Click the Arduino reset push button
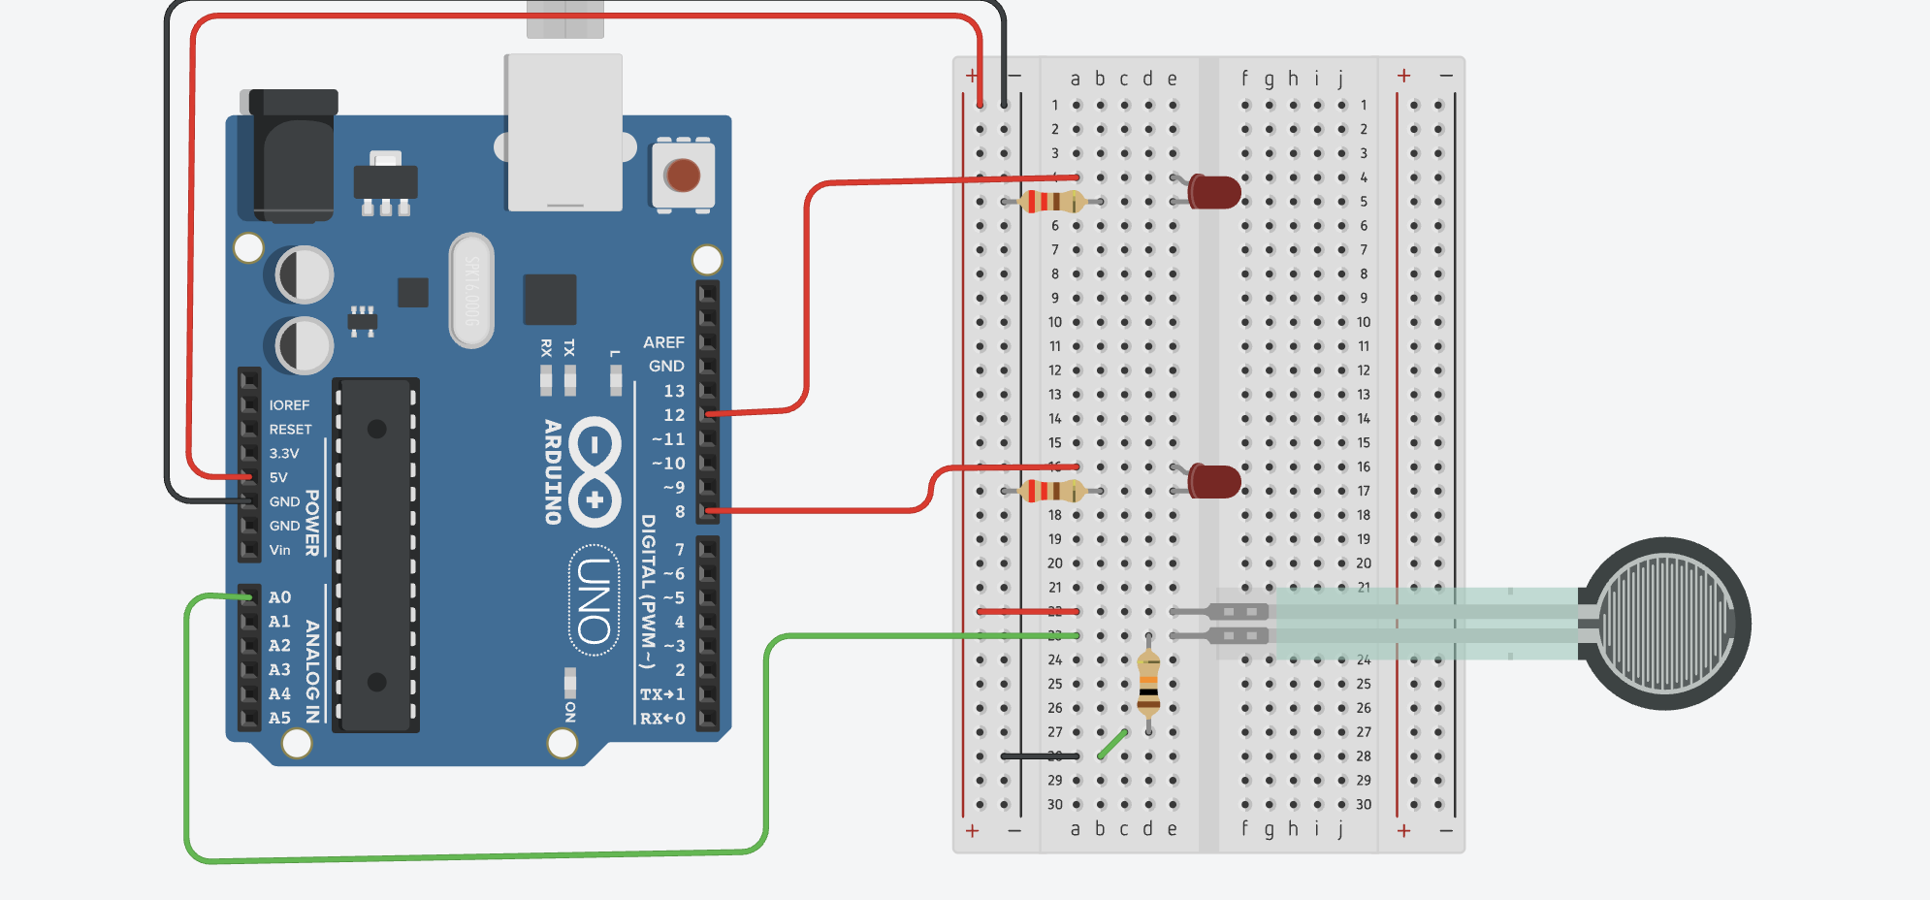point(683,176)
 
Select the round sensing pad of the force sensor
point(1664,624)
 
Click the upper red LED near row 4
point(1213,192)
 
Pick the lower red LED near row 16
point(1213,481)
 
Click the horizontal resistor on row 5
point(1052,202)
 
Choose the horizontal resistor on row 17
point(1052,491)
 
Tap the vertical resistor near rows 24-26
point(1148,685)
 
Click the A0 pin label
point(279,597)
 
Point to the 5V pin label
point(278,477)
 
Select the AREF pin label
point(663,342)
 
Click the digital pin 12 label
point(674,415)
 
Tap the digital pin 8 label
point(680,511)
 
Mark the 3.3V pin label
point(283,453)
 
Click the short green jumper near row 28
point(1112,744)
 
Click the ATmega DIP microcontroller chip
point(376,555)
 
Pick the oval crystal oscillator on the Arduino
point(471,290)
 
